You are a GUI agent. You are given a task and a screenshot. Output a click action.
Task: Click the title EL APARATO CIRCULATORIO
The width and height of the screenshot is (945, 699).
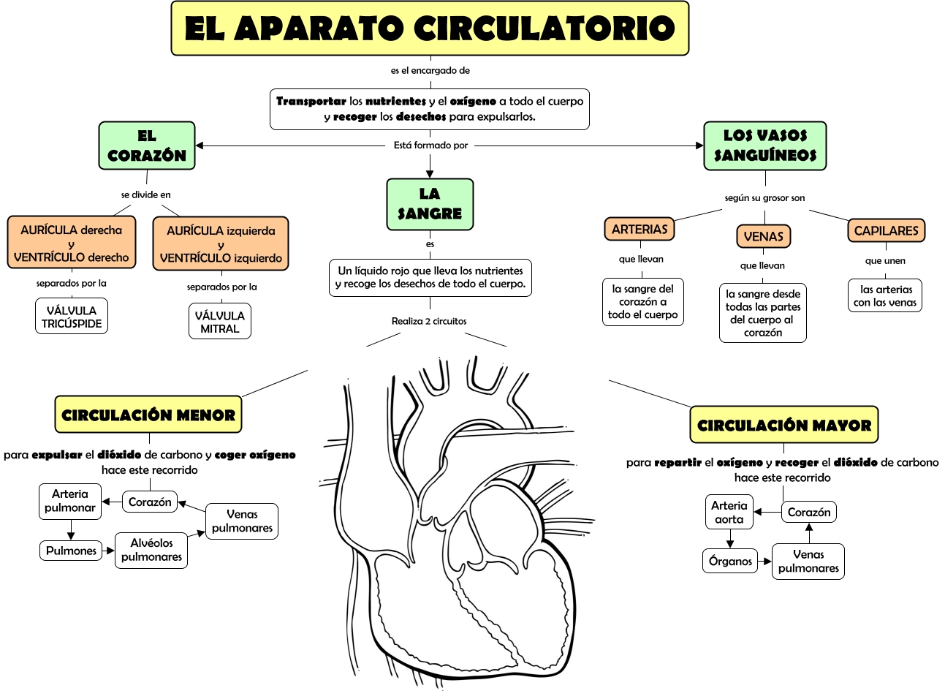[430, 29]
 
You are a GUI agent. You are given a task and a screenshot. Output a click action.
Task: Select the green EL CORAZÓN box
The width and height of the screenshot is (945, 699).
[147, 146]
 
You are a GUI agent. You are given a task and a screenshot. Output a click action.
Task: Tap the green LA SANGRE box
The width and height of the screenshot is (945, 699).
[430, 204]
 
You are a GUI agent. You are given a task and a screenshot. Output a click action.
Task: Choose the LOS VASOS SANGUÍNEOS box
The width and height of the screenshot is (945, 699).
[765, 146]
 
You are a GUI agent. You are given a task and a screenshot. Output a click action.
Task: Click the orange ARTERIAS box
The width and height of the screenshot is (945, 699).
[640, 229]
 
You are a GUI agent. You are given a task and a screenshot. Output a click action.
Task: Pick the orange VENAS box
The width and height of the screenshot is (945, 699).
[763, 236]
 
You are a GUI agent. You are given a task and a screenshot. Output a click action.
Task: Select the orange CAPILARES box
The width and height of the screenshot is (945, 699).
[886, 230]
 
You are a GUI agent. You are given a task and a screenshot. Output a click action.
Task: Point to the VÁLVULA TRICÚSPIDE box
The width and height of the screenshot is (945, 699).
[72, 317]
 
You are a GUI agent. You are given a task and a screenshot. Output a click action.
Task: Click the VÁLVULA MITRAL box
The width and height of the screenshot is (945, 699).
[219, 322]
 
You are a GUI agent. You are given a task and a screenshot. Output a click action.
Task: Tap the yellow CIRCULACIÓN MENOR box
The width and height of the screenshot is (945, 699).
[148, 415]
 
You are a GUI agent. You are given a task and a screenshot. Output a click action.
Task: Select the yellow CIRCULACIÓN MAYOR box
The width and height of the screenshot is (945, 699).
[784, 425]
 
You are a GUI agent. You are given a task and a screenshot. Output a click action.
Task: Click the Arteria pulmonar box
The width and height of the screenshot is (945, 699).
[70, 501]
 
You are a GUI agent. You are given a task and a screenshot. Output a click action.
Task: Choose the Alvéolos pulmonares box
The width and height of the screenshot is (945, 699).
[151, 550]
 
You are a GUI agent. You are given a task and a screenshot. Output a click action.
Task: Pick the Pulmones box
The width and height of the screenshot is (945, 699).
[71, 551]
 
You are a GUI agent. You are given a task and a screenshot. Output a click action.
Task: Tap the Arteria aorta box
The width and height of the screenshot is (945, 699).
[729, 512]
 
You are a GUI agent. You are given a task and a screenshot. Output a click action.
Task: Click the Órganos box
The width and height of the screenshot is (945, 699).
[730, 561]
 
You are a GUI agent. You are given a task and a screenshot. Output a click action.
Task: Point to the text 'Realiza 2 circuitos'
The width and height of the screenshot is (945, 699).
[429, 321]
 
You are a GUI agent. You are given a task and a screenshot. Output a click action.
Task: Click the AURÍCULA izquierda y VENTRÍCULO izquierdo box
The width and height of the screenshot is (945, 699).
[221, 244]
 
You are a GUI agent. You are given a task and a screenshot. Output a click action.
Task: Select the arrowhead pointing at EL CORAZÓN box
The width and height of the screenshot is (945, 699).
[200, 146]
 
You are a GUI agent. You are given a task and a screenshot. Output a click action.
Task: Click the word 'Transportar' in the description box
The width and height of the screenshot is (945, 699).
[311, 101]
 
